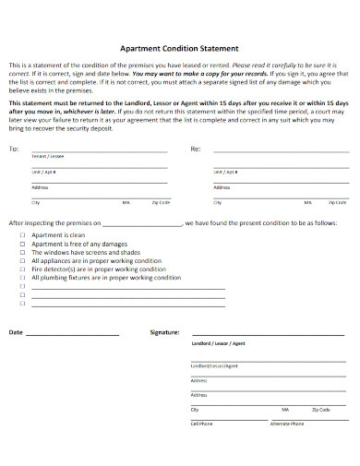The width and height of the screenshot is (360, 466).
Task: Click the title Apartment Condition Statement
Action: [180, 48]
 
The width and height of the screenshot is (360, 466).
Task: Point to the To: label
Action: [13, 149]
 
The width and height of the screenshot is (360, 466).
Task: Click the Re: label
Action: [195, 149]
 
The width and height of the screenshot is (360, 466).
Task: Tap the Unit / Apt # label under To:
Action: [44, 171]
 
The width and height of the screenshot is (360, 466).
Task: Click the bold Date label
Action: [16, 331]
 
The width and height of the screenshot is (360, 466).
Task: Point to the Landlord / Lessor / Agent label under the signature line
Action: [219, 342]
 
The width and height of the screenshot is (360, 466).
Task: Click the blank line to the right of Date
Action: [73, 333]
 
